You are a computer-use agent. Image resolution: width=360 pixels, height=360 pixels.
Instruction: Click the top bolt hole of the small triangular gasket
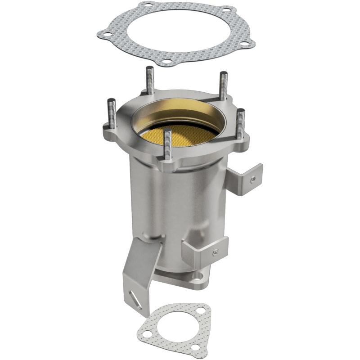point(202,310)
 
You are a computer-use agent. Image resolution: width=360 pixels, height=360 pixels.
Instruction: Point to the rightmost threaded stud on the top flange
point(240,122)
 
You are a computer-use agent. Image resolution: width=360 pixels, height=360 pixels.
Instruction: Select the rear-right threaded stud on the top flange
point(223,85)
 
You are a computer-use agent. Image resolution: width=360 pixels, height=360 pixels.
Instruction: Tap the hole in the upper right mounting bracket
point(253,179)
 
